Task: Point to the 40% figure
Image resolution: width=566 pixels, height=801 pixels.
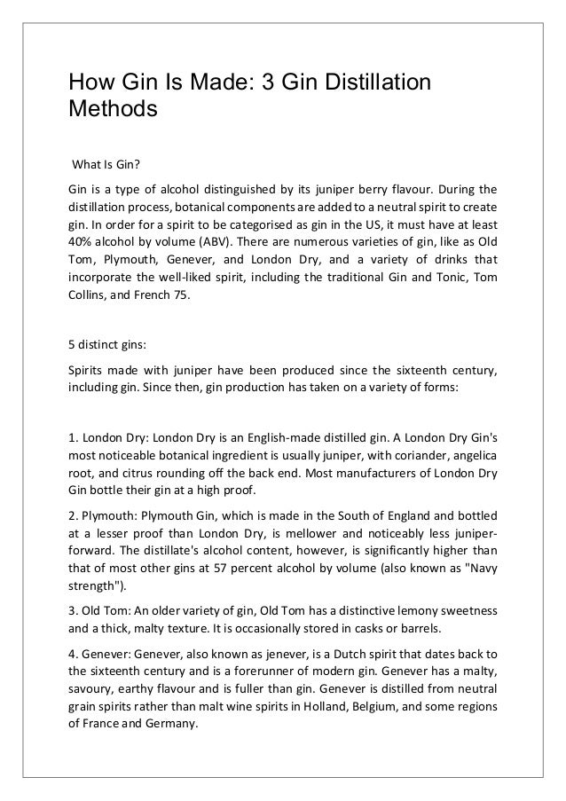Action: point(83,240)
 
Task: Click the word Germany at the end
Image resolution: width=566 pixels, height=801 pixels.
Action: point(174,724)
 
